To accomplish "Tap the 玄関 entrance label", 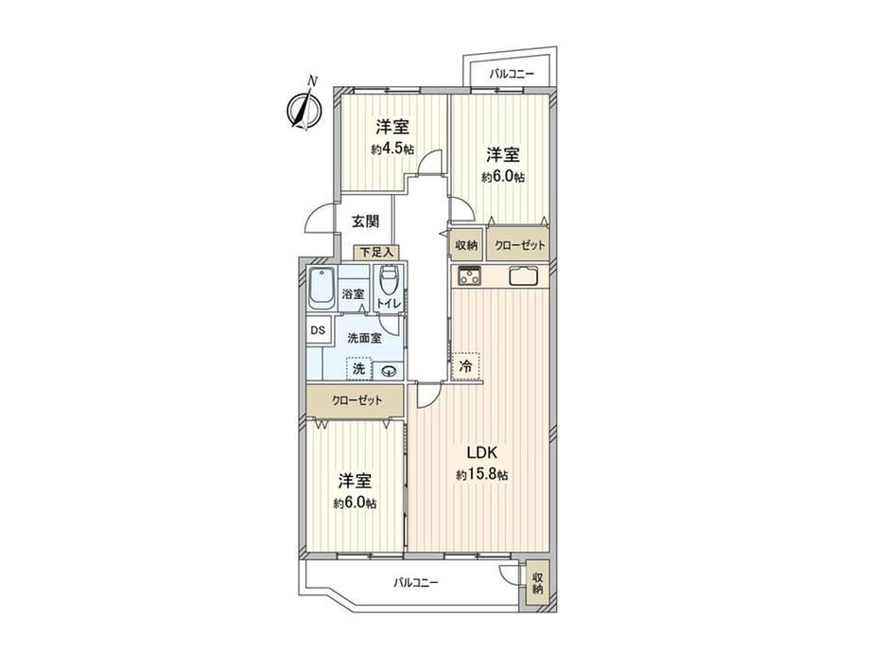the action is point(366,221).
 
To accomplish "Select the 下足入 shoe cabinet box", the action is point(376,252).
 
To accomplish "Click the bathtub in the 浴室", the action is point(322,289).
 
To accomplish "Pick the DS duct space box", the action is point(318,330).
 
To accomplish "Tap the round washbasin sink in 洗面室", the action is point(389,370).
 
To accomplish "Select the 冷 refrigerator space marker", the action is point(466,366).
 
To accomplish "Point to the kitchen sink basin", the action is point(523,276).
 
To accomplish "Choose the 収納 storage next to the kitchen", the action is point(467,245).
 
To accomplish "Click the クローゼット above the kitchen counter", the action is point(519,245).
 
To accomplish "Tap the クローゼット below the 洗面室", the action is point(357,400).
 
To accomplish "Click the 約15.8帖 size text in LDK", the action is point(481,475).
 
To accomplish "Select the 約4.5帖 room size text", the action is point(392,149).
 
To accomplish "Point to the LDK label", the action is point(481,453).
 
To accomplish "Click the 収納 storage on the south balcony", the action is point(537,584).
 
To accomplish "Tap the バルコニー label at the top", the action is point(512,73).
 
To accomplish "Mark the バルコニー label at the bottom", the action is point(416,583).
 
